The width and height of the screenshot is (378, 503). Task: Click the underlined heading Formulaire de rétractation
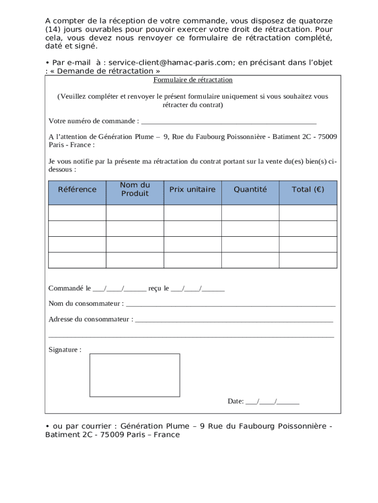tap(193, 80)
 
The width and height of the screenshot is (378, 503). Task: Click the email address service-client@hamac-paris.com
tap(169, 62)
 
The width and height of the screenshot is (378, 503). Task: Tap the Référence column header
tap(77, 190)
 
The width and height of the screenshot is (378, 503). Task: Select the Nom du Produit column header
tap(135, 189)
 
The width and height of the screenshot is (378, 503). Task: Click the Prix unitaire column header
tap(192, 190)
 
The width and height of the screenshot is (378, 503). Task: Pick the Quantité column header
tap(250, 190)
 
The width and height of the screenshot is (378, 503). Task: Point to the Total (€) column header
tap(308, 190)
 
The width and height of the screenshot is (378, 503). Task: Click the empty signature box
tap(135, 375)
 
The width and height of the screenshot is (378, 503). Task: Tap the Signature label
tap(65, 350)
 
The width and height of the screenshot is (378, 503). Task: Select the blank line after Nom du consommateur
tap(231, 304)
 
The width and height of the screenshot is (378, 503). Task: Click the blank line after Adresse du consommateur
tap(234, 320)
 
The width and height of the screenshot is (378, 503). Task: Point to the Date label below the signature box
tap(236, 401)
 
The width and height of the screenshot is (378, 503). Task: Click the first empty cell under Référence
tap(77, 213)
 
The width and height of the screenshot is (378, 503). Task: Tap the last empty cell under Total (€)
tap(308, 260)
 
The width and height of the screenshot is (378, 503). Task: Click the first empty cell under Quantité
tap(250, 213)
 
